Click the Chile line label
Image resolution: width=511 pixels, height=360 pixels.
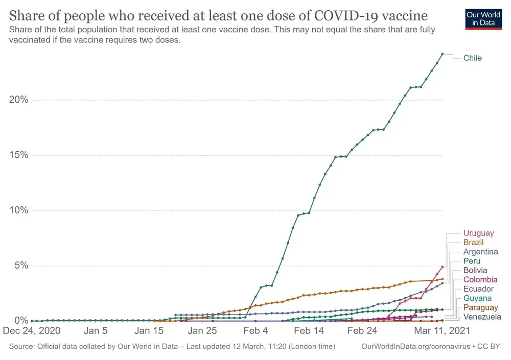pos(472,58)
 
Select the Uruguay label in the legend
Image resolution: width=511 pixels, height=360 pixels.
pos(478,233)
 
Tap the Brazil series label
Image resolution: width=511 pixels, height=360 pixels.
pos(473,242)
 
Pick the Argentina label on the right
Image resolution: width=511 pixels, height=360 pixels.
pos(480,252)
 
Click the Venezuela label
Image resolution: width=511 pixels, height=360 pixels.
pos(482,317)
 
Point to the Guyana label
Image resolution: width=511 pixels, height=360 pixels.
pos(477,298)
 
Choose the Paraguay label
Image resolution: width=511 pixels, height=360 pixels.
pos(480,307)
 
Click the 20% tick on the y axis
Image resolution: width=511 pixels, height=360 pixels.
pos(18,100)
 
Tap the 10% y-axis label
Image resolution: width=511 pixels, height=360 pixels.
pos(18,210)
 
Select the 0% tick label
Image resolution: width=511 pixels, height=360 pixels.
pos(21,321)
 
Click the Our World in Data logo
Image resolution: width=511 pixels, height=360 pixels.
pos(483,18)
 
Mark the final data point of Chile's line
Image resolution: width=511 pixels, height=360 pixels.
pos(442,54)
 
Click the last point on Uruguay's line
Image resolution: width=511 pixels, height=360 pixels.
pos(442,267)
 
